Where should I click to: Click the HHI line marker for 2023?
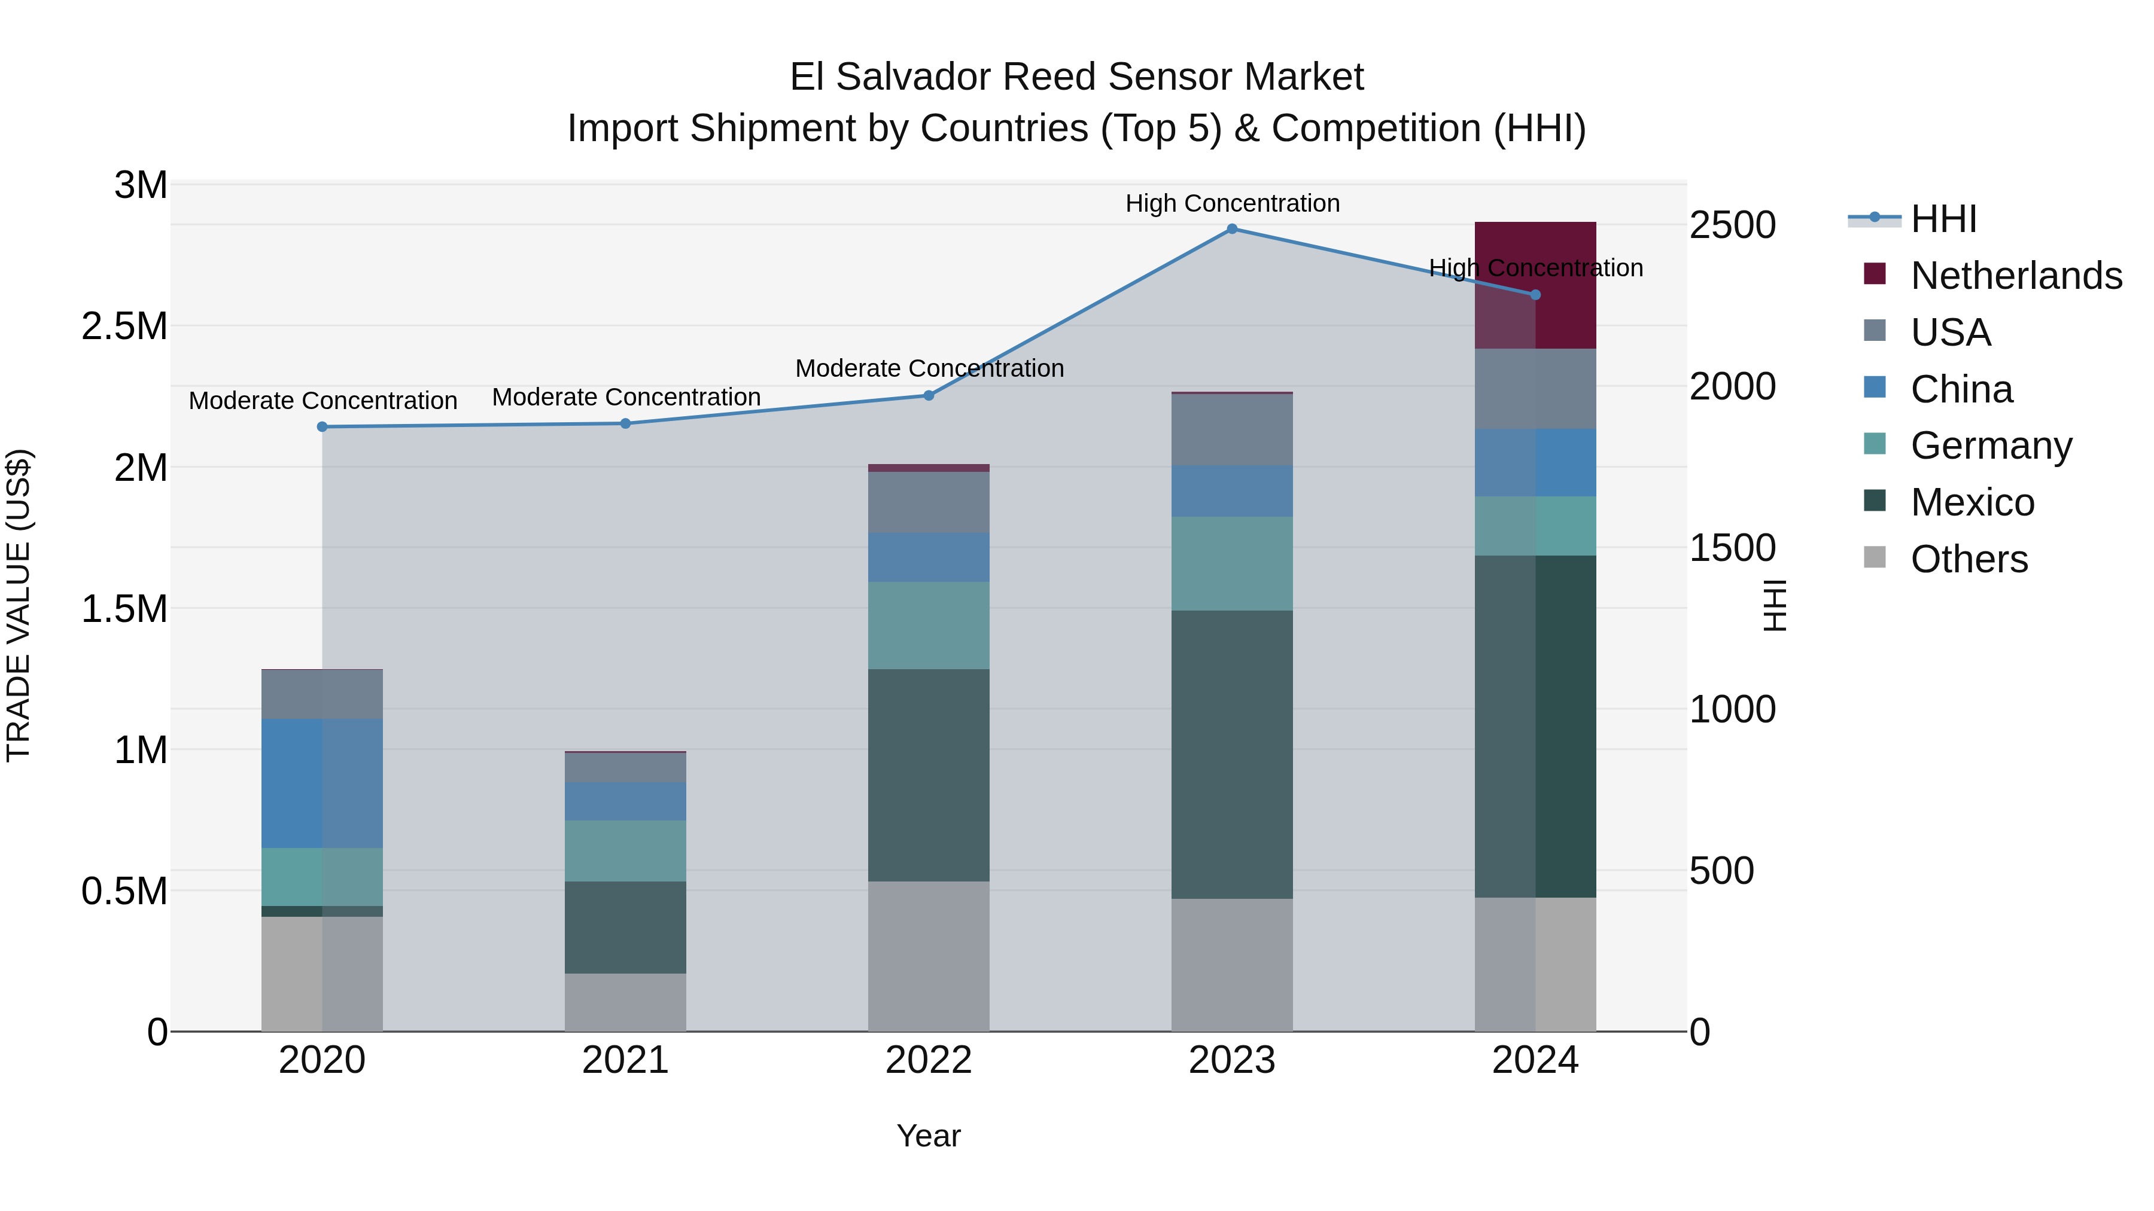1232,229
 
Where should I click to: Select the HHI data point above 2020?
322,427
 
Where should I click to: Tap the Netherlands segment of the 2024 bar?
1535,285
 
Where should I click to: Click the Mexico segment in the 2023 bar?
1232,755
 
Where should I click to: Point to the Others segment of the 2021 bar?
625,1002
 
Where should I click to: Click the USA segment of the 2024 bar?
1535,389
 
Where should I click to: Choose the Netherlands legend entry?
2015,276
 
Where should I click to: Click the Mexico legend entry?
1972,502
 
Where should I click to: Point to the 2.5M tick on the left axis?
126,326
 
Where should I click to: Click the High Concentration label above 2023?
1232,203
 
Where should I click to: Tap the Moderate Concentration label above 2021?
625,397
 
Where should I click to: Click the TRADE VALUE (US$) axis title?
19,605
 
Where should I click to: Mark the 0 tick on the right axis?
1700,1033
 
